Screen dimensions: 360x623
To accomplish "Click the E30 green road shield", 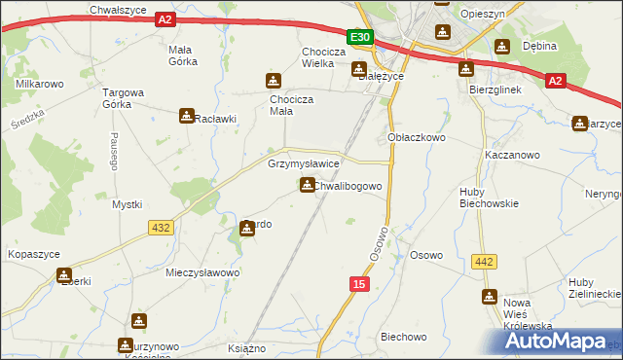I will [x=360, y=37].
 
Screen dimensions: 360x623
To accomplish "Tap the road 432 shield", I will [x=162, y=227].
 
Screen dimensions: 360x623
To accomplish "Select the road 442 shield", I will [x=484, y=261].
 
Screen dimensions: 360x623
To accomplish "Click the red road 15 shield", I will [x=360, y=283].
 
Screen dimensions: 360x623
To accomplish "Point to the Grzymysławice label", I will [x=304, y=164].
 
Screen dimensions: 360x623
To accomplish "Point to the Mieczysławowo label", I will [x=202, y=273].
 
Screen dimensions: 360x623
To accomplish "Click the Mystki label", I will [x=128, y=204].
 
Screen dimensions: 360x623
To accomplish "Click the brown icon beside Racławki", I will [x=186, y=117].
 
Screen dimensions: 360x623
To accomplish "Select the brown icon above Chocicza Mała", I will [x=274, y=82].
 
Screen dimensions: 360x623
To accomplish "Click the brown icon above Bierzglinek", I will [x=466, y=68].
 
